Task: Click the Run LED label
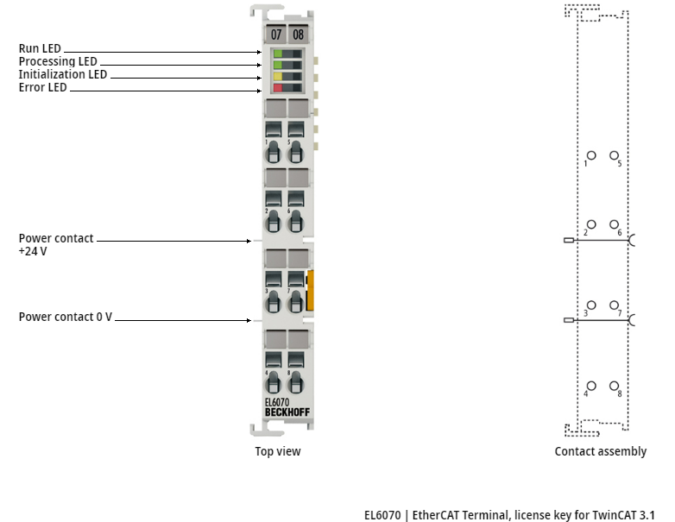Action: click(40, 49)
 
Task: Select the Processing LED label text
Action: click(58, 62)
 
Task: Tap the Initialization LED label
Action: click(63, 75)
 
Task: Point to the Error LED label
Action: click(43, 88)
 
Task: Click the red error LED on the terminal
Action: click(278, 88)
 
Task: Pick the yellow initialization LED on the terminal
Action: click(278, 76)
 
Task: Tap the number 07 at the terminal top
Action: click(276, 35)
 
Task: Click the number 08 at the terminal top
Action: click(298, 35)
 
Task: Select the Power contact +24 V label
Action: click(56, 245)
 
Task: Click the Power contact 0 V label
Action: click(66, 318)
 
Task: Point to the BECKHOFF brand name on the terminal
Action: click(287, 412)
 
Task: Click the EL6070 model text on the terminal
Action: click(277, 402)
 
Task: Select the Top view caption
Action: click(278, 451)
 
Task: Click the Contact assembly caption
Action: click(600, 451)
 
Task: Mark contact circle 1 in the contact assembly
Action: click(591, 157)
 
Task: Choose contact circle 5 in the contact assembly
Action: click(614, 157)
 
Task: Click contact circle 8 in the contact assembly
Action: click(614, 386)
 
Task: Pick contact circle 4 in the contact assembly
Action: click(591, 386)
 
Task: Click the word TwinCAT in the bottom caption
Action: click(615, 515)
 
